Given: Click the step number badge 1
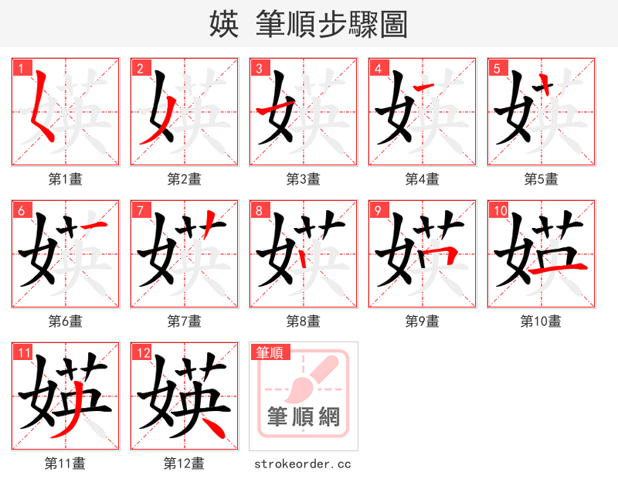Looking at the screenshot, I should coord(20,68).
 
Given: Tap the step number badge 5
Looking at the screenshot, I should coord(496,68).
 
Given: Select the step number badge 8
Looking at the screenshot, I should coord(258,210).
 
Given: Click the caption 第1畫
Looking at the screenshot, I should coord(65,179).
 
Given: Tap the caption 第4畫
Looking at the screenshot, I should coord(422,179).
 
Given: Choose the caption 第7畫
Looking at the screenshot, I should coord(184,321).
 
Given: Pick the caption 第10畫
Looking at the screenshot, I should coord(541,321).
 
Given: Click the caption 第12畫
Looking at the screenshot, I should coord(184,464).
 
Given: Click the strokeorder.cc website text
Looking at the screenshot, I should coord(303,464).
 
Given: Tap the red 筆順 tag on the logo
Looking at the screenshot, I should coord(270,352).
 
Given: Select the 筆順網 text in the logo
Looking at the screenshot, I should coord(303,417).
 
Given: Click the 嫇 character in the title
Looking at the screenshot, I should coord(223,24).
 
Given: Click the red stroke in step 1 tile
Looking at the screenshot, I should coord(42,108).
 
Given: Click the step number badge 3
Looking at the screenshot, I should coord(258,68).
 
